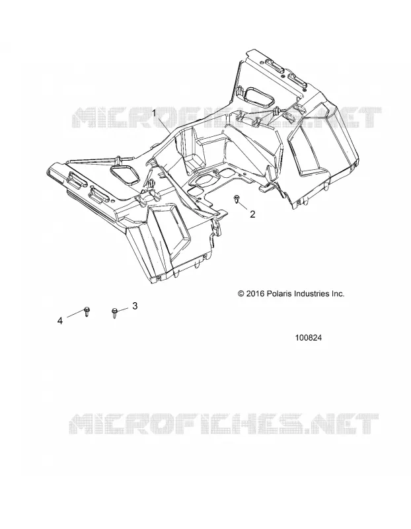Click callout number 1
(x=155, y=113)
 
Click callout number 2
(x=252, y=214)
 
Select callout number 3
(x=135, y=306)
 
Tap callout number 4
(x=60, y=321)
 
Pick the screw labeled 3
(x=114, y=313)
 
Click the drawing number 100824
(x=309, y=338)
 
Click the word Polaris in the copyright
(x=280, y=294)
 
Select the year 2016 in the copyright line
(x=256, y=294)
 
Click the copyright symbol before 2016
(x=241, y=294)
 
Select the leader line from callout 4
(x=75, y=314)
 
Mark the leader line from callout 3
(x=123, y=309)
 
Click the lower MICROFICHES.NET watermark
(x=224, y=424)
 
